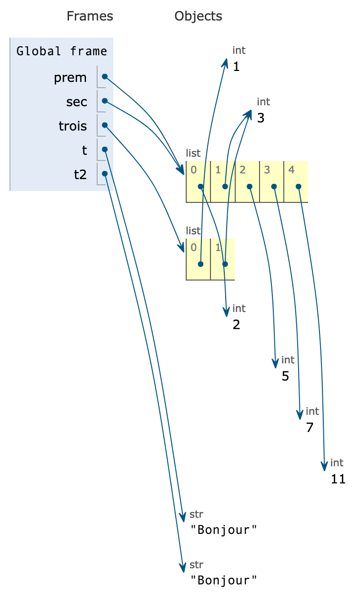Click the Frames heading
click(x=90, y=16)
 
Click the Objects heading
click(x=198, y=16)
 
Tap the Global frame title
click(x=61, y=51)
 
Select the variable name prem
click(x=70, y=77)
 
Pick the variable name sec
click(x=77, y=101)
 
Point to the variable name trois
click(x=73, y=126)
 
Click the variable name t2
click(x=80, y=174)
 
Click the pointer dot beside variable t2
click(x=105, y=174)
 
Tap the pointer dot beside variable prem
click(x=105, y=77)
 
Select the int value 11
click(x=338, y=479)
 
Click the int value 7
click(x=310, y=428)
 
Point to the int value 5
click(x=285, y=376)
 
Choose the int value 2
click(x=236, y=325)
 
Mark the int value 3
click(x=260, y=118)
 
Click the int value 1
click(x=236, y=67)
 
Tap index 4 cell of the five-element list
click(x=296, y=181)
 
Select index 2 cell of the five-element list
click(x=247, y=181)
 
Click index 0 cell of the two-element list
click(x=198, y=259)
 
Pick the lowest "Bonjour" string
click(x=224, y=580)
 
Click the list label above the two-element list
click(x=193, y=231)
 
